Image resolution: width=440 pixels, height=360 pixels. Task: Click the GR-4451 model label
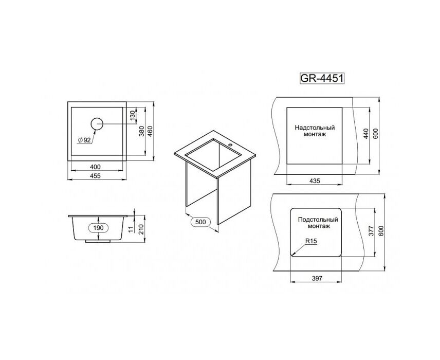322,78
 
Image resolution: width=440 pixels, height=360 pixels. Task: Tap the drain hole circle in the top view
97,124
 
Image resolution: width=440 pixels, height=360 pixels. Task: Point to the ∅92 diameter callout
84,140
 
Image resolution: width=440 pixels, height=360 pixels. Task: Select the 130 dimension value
133,115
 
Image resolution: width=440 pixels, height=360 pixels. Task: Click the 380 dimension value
142,131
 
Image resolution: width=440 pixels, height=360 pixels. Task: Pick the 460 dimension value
150,131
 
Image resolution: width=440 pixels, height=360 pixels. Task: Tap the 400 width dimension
95,167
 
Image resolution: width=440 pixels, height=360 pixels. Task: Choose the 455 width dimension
95,176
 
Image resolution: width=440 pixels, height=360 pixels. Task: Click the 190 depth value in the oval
99,227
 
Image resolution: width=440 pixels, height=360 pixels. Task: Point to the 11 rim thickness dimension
131,229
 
